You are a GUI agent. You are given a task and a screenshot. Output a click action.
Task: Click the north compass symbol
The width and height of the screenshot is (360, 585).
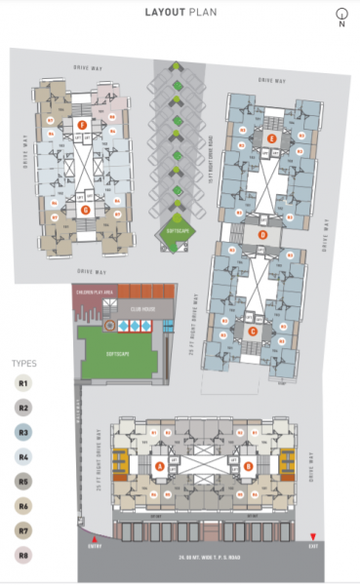point(341,14)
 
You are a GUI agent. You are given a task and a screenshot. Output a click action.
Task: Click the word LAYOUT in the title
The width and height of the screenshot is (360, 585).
point(163,13)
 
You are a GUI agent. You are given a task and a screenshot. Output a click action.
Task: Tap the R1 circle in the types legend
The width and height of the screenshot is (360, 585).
point(23,383)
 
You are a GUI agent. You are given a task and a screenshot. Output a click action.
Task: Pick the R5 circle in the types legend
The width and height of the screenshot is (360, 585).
point(23,481)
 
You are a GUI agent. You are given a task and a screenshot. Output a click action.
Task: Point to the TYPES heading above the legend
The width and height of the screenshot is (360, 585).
point(23,363)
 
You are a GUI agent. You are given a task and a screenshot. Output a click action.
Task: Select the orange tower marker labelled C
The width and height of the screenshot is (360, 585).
point(253,331)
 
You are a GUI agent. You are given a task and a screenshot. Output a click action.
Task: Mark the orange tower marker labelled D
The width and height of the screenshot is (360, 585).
point(261,234)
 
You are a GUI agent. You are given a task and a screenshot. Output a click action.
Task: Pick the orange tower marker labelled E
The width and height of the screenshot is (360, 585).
point(272,139)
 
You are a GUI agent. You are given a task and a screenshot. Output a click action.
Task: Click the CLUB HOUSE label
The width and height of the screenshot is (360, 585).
point(144,308)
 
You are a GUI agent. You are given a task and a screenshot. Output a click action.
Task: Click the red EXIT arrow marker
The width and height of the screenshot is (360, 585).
point(312,537)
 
